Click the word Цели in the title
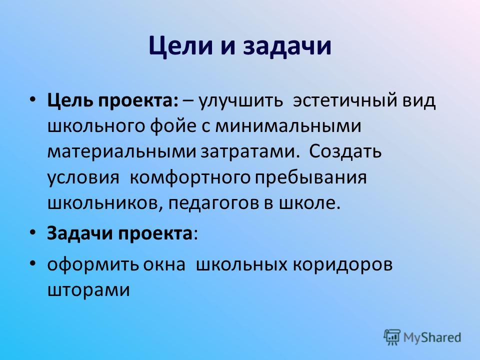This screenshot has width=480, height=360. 180,46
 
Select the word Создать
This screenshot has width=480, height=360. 345,151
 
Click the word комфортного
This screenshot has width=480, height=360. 190,177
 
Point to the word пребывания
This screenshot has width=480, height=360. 310,177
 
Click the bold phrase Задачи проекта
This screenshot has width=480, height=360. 119,234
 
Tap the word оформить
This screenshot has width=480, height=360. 93,264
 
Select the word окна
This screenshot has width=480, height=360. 164,265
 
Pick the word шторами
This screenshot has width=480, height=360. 89,290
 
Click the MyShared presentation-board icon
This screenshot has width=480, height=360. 392,337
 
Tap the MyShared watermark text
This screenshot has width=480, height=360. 432,337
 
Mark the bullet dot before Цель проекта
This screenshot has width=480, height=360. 33,100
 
